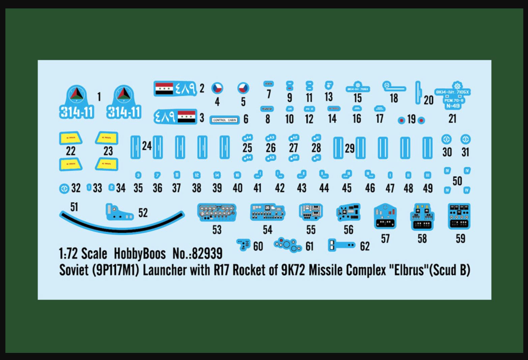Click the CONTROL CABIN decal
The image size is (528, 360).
[x=225, y=120]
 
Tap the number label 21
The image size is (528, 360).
[x=452, y=118]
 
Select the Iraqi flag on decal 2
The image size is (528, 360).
[x=164, y=88]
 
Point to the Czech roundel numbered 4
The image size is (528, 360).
[x=217, y=88]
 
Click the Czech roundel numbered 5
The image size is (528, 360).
[x=243, y=88]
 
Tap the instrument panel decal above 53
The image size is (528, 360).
[x=217, y=212]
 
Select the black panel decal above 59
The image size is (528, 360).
[x=459, y=216]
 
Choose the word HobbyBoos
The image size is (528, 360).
[x=140, y=253]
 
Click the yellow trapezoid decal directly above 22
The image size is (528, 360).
[x=71, y=138]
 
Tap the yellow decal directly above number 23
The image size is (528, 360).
[x=107, y=138]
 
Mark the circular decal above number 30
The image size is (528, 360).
[x=446, y=139]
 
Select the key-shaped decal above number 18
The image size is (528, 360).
[x=393, y=87]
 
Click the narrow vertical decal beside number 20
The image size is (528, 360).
[x=418, y=92]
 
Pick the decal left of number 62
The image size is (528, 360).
[x=341, y=245]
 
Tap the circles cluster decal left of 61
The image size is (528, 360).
[x=288, y=245]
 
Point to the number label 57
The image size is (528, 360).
[x=385, y=239]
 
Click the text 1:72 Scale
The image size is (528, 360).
[x=83, y=253]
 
